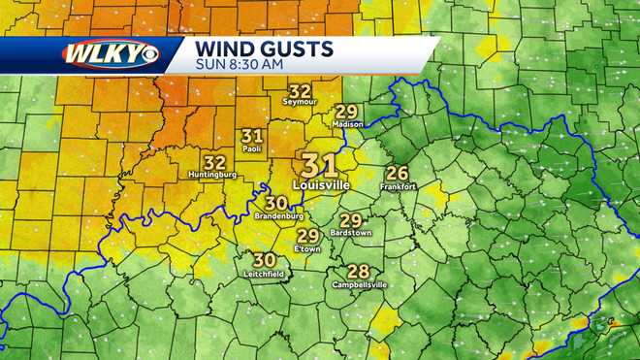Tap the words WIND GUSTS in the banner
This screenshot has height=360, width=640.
coord(264,49)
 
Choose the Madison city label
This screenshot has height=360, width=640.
coord(347,124)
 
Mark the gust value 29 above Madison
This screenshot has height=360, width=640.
coord(347,112)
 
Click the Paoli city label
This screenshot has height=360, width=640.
coord(253,149)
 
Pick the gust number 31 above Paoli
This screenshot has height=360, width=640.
coord(253,136)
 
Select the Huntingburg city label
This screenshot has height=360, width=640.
coord(214,175)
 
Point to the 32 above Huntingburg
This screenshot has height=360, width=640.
coord(214,161)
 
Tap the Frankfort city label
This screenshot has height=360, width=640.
coord(398,186)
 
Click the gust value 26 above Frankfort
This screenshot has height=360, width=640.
coord(398,173)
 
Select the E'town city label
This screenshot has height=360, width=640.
coord(308,249)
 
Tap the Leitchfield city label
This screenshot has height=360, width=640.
coord(264,274)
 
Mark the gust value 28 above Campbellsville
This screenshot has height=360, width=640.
coord(358,272)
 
